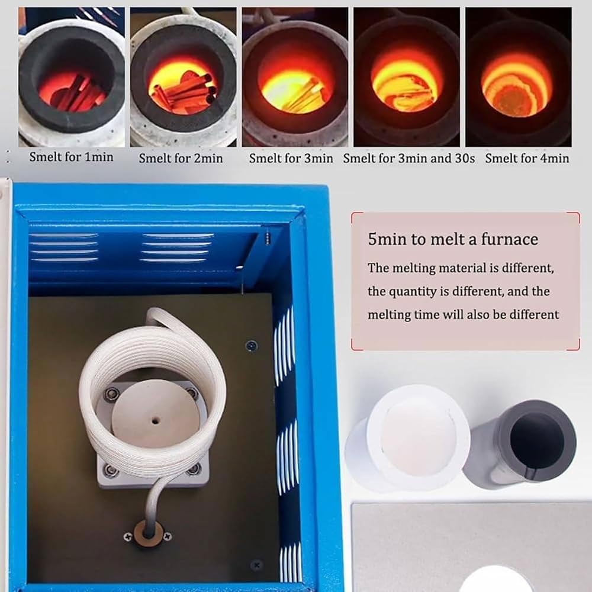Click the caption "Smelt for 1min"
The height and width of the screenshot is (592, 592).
tap(72, 157)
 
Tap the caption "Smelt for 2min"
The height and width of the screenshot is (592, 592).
tap(181, 158)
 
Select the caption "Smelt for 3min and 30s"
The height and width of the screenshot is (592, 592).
tap(409, 158)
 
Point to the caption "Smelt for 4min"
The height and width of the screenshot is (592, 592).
tap(527, 158)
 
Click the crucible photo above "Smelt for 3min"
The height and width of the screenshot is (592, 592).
tap(295, 77)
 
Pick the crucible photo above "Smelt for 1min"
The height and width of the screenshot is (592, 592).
tap(72, 77)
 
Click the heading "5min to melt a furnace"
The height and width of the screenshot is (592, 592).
tap(453, 239)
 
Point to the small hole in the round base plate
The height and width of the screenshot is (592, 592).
tap(155, 420)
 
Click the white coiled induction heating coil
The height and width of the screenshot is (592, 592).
tap(153, 397)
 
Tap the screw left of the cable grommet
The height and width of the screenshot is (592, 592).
tap(128, 536)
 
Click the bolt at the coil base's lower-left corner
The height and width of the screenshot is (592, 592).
tap(111, 471)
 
